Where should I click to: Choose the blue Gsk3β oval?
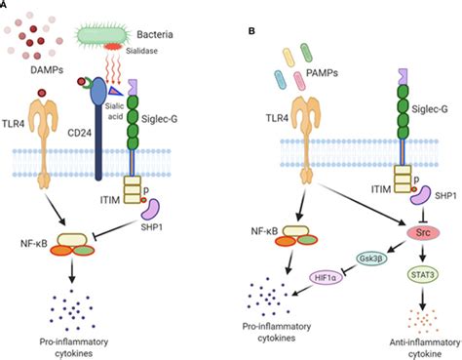pyautogui.click(x=366, y=259)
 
